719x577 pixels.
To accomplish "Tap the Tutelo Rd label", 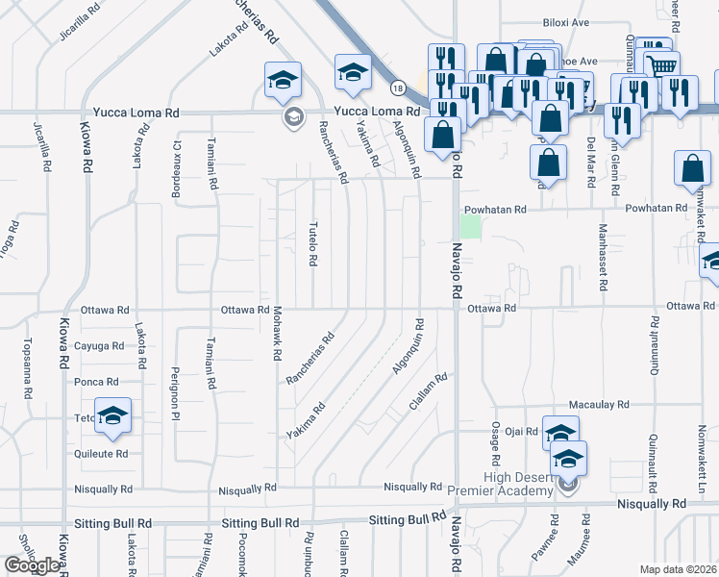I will coord(312,242).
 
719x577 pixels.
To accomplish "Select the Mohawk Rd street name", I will coord(276,341).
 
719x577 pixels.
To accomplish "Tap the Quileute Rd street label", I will coord(101,453).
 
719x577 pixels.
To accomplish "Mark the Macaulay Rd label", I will coord(598,406).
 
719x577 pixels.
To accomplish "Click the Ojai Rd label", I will coord(524,432).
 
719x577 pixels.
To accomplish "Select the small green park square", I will coord(469,226).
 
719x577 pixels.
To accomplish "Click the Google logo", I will coord(32,565).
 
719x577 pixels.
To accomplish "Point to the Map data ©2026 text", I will coord(679,569).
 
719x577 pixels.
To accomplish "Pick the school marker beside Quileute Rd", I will coord(113,416).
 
